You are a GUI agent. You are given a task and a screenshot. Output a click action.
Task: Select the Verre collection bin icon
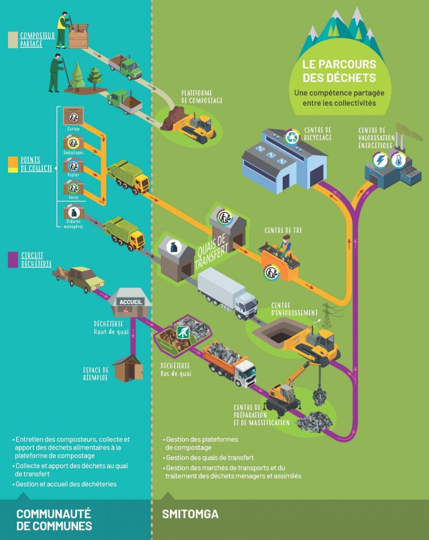tap(73, 188)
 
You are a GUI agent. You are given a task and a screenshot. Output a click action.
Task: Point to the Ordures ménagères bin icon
tap(73, 213)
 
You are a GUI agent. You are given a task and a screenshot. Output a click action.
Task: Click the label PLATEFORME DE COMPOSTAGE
tap(202, 96)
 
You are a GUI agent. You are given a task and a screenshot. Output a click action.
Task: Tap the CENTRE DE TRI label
tap(283, 230)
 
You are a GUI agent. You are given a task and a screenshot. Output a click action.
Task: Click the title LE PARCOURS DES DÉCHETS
tap(339, 71)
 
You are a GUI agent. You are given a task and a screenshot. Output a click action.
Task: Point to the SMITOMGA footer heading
tap(190, 514)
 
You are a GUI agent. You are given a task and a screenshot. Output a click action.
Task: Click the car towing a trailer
tap(79, 278)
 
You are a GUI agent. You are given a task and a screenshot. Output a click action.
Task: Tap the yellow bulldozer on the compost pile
tap(196, 127)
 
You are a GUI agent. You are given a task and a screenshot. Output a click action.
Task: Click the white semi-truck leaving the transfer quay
tap(227, 293)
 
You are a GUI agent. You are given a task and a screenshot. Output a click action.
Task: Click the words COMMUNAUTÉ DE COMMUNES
tap(54, 519)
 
